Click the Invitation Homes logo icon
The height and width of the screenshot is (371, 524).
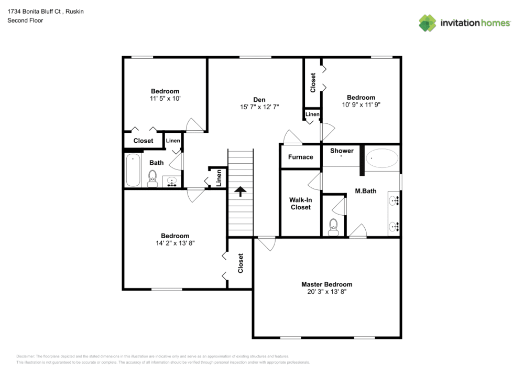pyautogui.click(x=427, y=23)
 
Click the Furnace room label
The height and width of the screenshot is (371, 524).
pyautogui.click(x=300, y=157)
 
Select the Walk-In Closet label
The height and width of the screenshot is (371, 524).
pyautogui.click(x=300, y=204)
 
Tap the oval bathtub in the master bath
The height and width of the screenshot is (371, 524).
pyautogui.click(x=381, y=158)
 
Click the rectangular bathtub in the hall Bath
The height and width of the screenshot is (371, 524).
pyautogui.click(x=134, y=169)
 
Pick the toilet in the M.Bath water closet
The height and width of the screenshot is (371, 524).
pyautogui.click(x=333, y=227)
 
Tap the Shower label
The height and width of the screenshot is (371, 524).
pyautogui.click(x=342, y=151)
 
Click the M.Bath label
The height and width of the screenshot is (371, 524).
pyautogui.click(x=365, y=191)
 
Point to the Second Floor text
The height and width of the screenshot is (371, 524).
pyautogui.click(x=25, y=20)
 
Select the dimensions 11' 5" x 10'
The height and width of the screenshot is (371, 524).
pyautogui.click(x=165, y=98)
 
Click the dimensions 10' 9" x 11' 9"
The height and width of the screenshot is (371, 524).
pyautogui.click(x=361, y=104)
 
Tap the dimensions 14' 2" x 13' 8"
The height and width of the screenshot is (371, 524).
pyautogui.click(x=175, y=243)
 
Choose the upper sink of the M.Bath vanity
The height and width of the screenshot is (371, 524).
pyautogui.click(x=394, y=200)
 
